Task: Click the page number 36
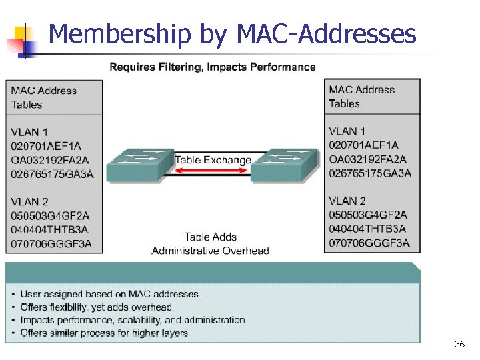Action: click(x=459, y=344)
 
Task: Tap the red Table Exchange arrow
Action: click(x=213, y=171)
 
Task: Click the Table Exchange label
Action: click(x=213, y=160)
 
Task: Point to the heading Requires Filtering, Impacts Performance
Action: click(x=212, y=67)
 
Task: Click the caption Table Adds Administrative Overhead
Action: click(x=211, y=244)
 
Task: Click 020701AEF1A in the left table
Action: click(x=45, y=146)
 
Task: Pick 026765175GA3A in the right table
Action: click(x=370, y=173)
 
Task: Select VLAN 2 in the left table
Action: click(x=29, y=202)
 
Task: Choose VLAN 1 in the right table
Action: click(x=347, y=131)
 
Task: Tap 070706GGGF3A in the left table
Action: click(x=51, y=244)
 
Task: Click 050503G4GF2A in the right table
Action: click(x=368, y=215)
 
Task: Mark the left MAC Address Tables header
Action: click(x=44, y=97)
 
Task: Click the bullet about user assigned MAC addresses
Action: click(x=109, y=294)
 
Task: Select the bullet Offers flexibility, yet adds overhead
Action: click(x=96, y=307)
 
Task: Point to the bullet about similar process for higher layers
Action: click(x=104, y=333)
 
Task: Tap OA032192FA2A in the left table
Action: click(x=50, y=160)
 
